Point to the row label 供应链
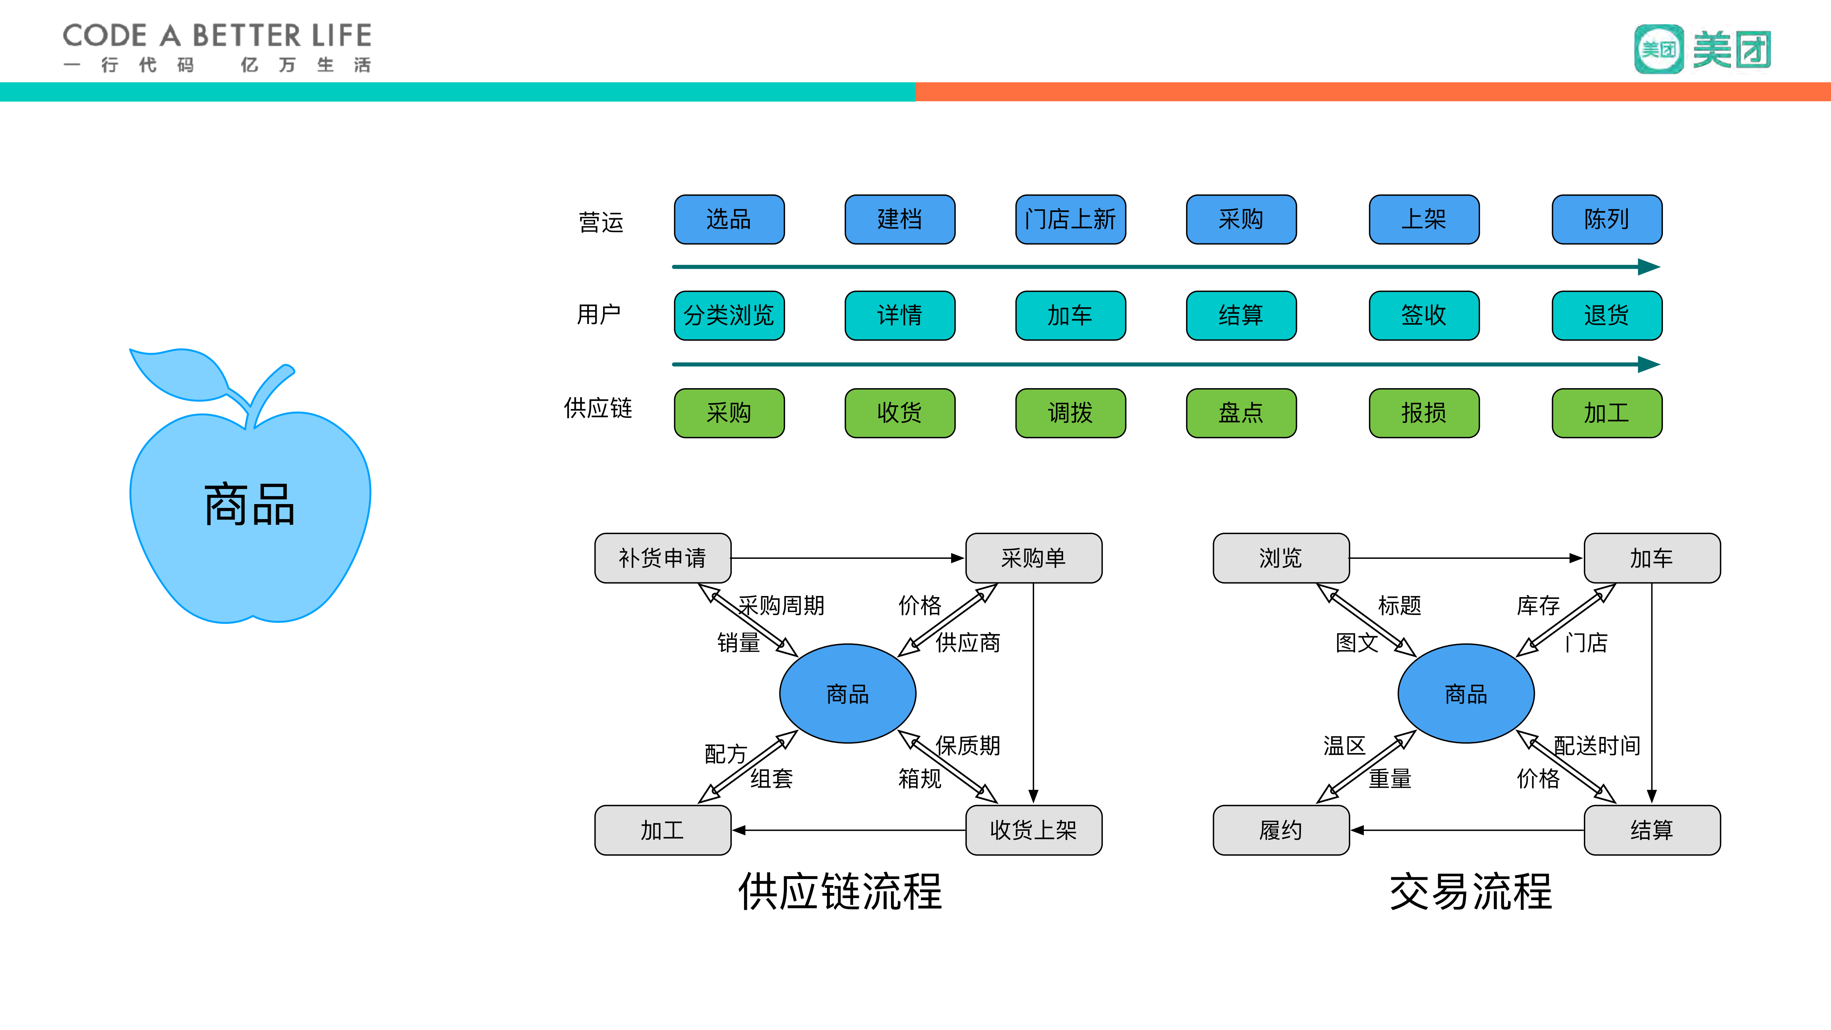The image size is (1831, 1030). [x=598, y=408]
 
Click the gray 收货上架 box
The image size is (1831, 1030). [x=1033, y=830]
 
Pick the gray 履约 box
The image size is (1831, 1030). [x=1281, y=830]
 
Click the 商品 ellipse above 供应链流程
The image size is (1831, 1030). [x=847, y=693]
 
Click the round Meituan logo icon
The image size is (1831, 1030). [x=1658, y=49]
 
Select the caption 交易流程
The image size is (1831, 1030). [x=1470, y=892]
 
